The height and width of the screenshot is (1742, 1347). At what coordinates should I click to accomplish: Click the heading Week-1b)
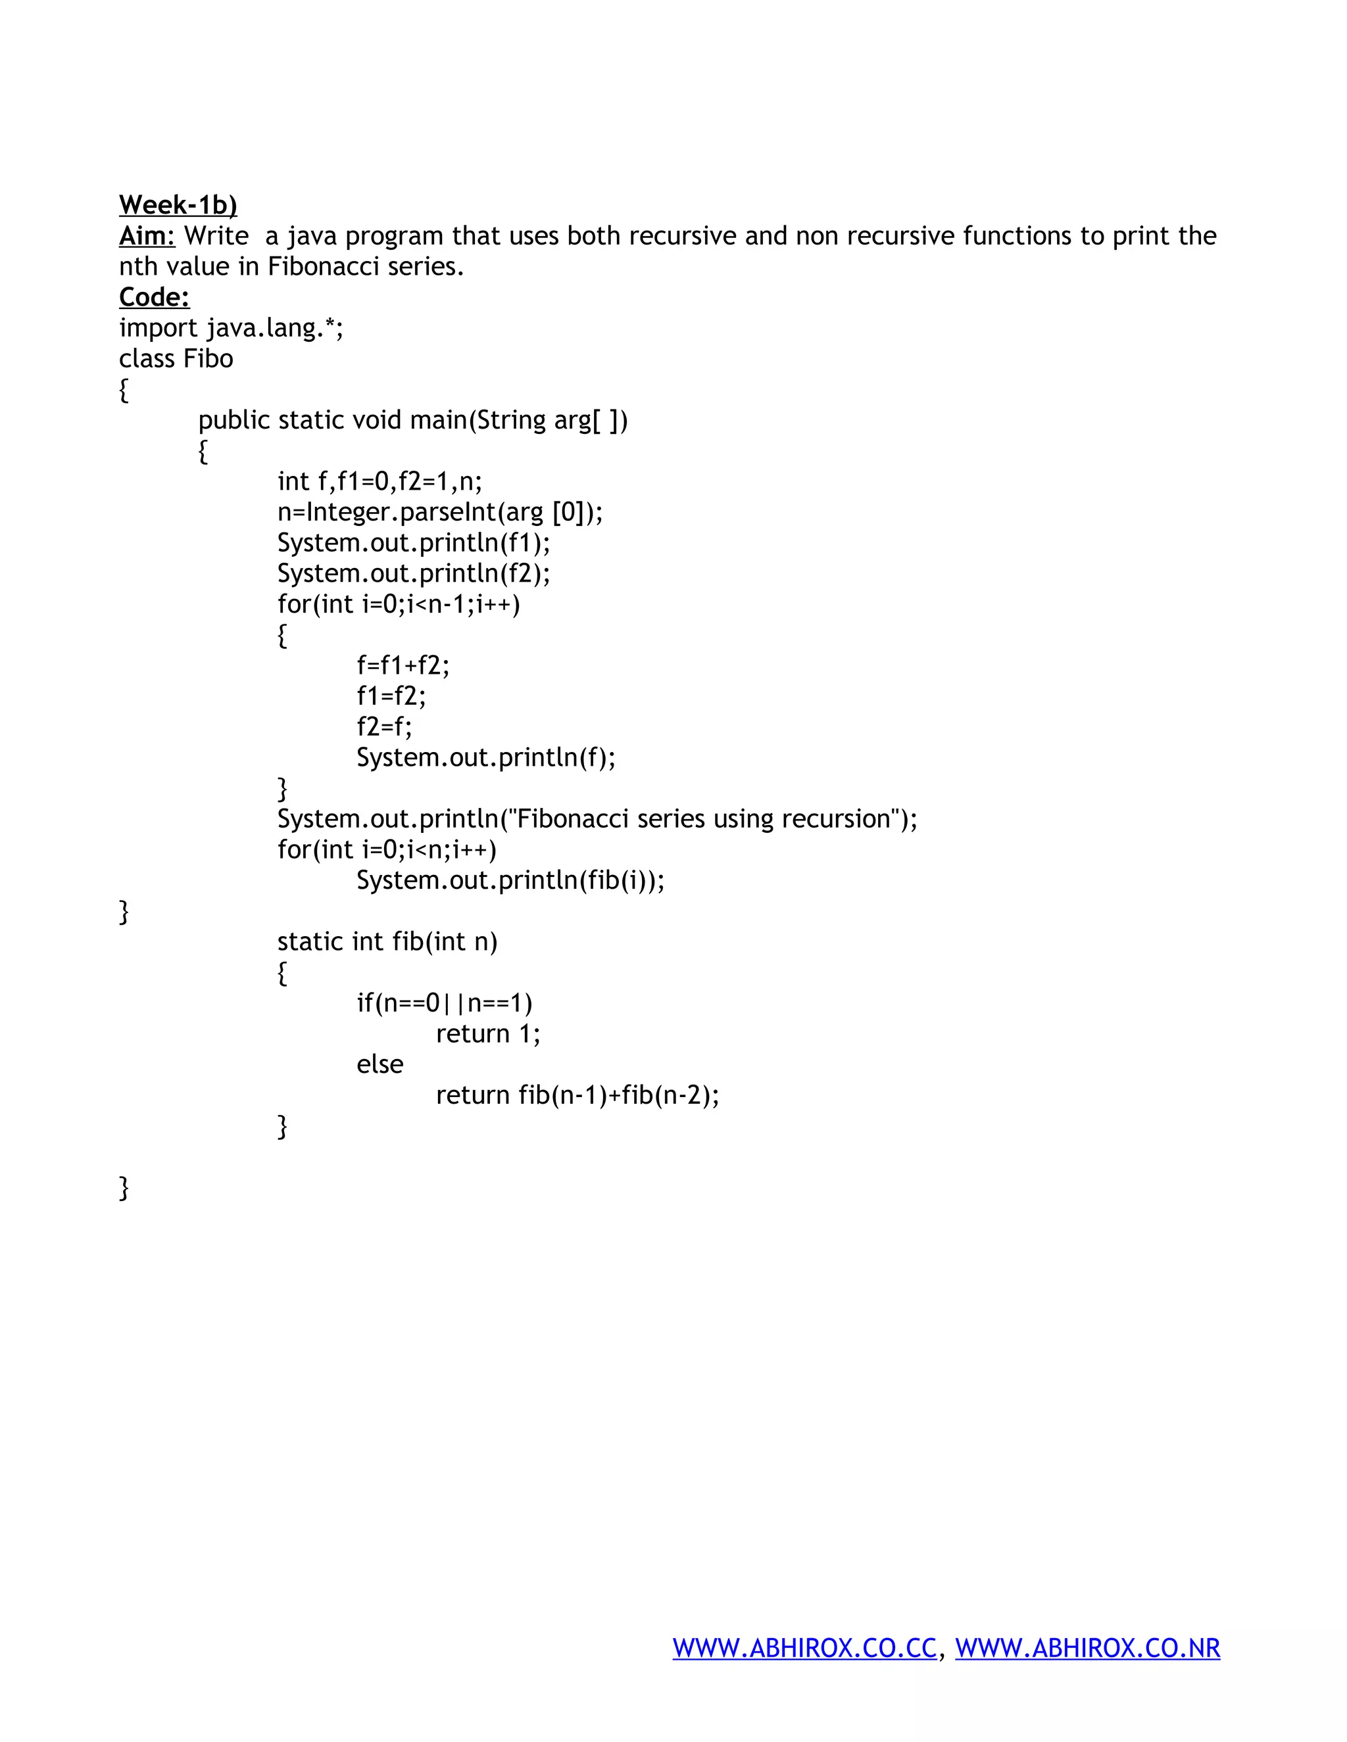[178, 206]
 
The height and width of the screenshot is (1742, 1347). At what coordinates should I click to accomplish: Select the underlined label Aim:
[147, 236]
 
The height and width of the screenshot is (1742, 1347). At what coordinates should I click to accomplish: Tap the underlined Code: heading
[154, 298]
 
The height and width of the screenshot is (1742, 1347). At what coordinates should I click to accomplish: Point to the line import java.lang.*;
[232, 328]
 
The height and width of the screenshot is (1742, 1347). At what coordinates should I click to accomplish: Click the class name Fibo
[208, 359]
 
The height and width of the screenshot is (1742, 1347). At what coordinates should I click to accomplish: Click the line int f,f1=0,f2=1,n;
[380, 482]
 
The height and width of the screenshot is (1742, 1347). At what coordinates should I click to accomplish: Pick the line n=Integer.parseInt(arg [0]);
[440, 512]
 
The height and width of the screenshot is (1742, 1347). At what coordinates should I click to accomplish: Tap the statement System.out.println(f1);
[413, 543]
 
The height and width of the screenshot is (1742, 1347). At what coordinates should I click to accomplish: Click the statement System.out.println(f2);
[413, 573]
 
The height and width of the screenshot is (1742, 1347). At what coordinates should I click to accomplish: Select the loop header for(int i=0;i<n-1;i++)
[398, 605]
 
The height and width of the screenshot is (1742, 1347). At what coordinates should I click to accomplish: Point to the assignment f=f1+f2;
[403, 666]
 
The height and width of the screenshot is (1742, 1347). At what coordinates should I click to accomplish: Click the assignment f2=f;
[384, 726]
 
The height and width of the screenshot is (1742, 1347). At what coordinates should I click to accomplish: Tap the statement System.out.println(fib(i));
[510, 881]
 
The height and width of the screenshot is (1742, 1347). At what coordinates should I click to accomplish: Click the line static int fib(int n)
[387, 942]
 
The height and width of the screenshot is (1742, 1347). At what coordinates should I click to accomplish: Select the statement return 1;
[487, 1035]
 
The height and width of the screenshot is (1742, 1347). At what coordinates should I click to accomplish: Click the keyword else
[380, 1065]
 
